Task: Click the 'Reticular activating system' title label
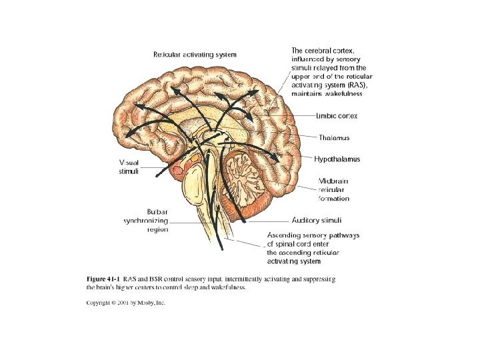tap(195, 53)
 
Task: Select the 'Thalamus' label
tap(334, 137)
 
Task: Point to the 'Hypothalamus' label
tap(337, 159)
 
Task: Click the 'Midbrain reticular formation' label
tap(333, 189)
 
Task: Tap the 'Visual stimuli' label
tap(129, 167)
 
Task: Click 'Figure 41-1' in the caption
tap(103, 278)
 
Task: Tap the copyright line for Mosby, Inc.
tap(126, 303)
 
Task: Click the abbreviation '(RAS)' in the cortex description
tap(353, 85)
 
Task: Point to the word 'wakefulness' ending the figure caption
tap(228, 287)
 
